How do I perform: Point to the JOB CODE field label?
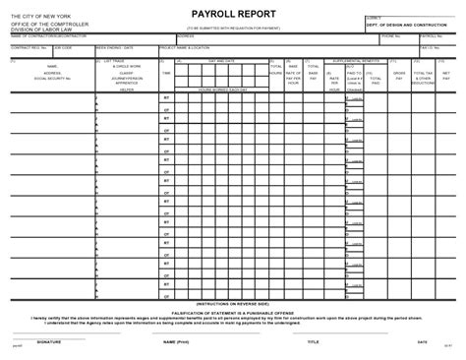tap(64, 45)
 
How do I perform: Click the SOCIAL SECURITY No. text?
tap(53, 78)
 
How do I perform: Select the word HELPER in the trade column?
tap(126, 89)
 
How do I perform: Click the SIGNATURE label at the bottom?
tap(50, 342)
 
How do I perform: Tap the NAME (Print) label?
tap(176, 342)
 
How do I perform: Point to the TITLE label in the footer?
tap(313, 342)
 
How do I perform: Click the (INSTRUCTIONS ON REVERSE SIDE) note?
tap(233, 305)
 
